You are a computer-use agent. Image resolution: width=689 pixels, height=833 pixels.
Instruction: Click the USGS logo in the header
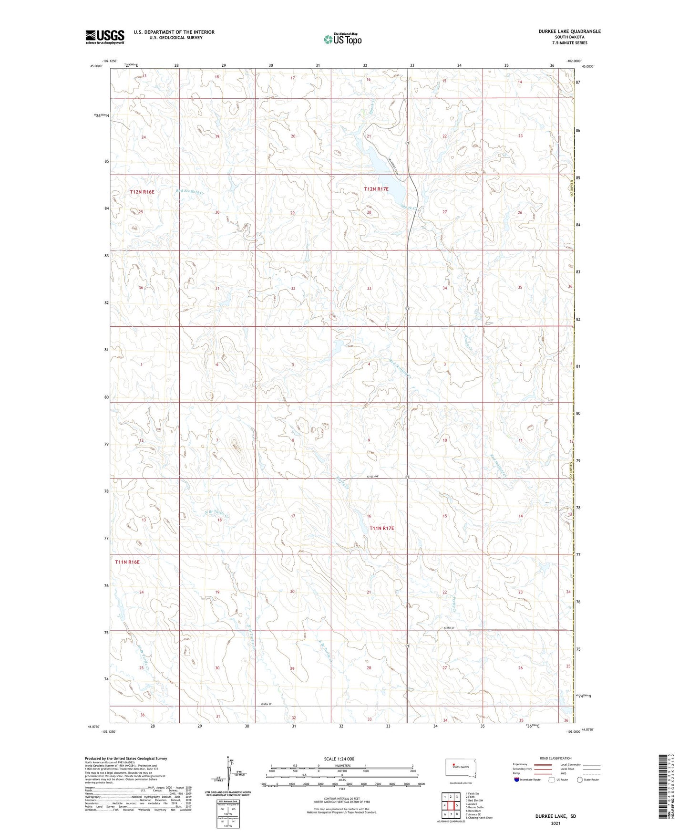pos(104,37)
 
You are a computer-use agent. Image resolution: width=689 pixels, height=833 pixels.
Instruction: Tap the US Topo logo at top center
pos(342,39)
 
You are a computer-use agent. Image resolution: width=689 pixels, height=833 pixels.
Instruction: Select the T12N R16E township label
pos(142,192)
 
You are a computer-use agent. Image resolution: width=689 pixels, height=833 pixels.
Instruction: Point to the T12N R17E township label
pos(376,189)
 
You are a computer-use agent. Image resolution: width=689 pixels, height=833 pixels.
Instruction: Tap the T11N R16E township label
pos(127,562)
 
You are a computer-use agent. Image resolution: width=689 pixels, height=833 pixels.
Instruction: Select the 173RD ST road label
pos(451,628)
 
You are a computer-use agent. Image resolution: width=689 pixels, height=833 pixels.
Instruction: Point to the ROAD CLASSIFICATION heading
pos(555,758)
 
